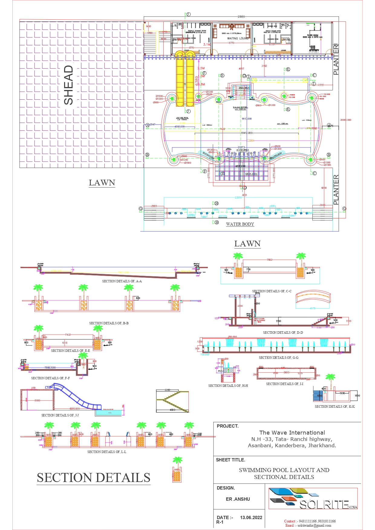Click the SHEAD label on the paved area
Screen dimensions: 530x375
point(69,85)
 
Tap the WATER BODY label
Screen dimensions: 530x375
point(240,224)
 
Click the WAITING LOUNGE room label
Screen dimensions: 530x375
point(238,38)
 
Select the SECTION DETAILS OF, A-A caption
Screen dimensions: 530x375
point(122,281)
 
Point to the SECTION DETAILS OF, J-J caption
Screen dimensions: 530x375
point(60,415)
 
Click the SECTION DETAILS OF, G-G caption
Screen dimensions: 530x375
point(279,358)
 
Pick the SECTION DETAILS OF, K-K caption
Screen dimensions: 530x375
point(334,406)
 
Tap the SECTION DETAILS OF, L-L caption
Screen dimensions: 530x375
point(107,452)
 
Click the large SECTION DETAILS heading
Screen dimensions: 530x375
point(93,478)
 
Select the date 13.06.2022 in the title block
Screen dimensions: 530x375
point(251,518)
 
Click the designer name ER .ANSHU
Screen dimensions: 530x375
point(238,499)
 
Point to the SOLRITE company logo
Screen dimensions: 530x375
point(313,499)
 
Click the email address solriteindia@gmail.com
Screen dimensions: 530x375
point(314,525)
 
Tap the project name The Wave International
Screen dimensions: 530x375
point(292,432)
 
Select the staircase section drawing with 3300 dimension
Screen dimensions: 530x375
point(172,401)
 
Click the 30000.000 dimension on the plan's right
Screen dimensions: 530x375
point(345,120)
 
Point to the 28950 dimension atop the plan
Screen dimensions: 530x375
point(241,17)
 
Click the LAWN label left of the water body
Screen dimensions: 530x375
point(102,183)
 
